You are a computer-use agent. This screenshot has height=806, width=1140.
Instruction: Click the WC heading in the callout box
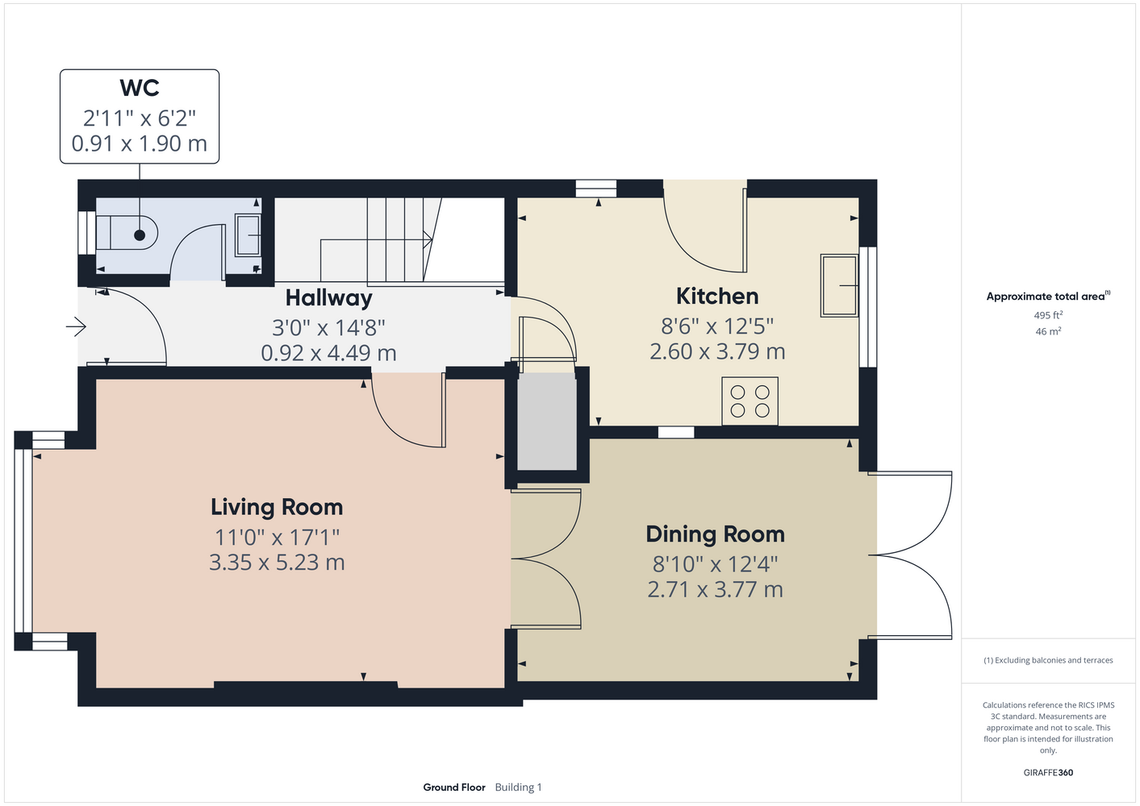point(140,88)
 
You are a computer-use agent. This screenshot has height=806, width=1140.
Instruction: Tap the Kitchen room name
point(717,296)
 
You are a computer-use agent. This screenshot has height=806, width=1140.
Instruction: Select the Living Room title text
point(277,508)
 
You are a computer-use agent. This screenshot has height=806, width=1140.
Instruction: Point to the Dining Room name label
point(715,534)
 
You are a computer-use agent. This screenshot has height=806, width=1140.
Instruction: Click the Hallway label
point(328,298)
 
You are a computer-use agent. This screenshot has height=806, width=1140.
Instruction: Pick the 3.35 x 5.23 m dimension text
point(277,563)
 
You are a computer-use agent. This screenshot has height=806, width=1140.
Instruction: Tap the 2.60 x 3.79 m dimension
point(717,351)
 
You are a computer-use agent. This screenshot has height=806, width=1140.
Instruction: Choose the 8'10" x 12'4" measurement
point(715,564)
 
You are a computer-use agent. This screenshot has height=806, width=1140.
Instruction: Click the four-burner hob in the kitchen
point(750,401)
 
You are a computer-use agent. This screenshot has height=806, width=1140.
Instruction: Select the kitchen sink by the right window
point(839,286)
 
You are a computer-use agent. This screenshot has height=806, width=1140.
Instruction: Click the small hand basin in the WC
point(248,235)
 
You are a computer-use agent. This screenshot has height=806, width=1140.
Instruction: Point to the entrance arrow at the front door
point(76,326)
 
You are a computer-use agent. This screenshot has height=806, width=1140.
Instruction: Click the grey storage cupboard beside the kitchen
point(547,422)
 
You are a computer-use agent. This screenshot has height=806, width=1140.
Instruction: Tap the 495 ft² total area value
point(1048,315)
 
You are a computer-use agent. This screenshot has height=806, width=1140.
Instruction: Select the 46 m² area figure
point(1048,331)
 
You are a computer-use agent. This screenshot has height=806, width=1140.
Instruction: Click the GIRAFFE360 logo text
point(1048,772)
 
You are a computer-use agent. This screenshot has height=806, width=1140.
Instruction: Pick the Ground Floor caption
point(454,787)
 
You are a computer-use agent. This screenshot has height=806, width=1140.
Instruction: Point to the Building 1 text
point(518,787)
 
